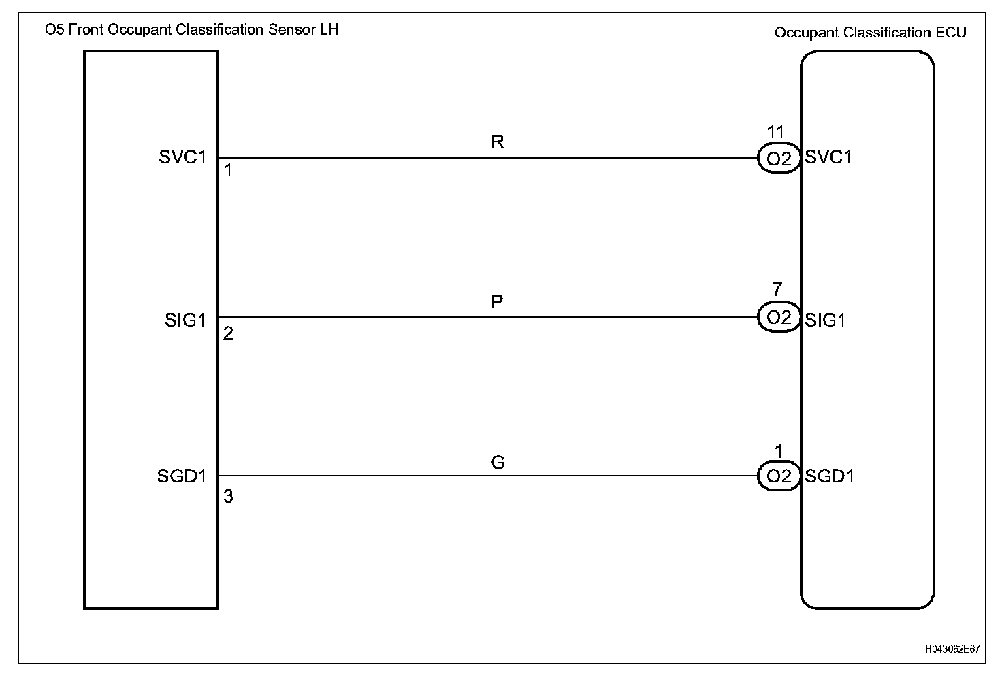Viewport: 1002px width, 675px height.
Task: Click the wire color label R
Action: point(498,142)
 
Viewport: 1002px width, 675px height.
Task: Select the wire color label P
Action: point(497,301)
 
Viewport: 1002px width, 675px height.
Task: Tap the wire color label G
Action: point(498,463)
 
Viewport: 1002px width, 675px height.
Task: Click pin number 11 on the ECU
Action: point(775,132)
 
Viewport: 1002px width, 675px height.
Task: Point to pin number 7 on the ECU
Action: point(777,291)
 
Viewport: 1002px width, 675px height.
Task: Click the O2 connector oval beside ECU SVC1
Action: point(779,159)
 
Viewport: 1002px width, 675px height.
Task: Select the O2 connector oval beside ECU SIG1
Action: point(779,318)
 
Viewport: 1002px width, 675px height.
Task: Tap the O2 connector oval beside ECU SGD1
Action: point(779,476)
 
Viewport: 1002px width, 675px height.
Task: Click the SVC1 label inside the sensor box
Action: point(182,157)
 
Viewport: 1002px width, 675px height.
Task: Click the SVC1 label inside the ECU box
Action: point(828,157)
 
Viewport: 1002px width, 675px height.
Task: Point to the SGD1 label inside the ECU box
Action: point(829,476)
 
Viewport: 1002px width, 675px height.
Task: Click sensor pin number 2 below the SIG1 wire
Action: point(228,333)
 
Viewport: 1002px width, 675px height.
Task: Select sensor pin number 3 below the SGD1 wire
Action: point(228,497)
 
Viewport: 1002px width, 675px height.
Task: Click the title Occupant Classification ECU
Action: point(870,33)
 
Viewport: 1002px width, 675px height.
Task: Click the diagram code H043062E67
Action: point(952,649)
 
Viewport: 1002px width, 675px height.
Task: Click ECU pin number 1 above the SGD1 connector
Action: point(779,450)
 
